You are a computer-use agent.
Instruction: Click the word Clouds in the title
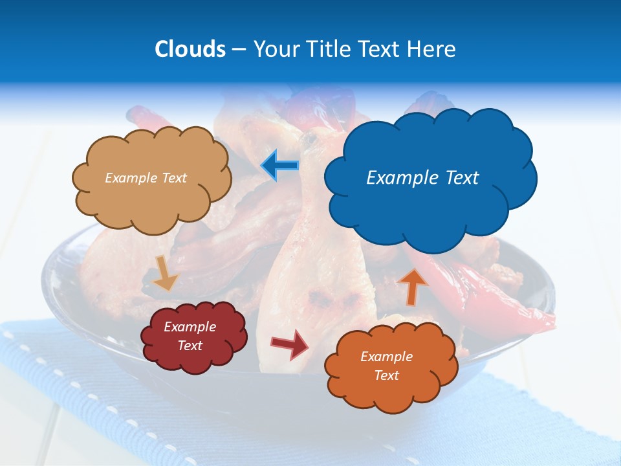[190, 49]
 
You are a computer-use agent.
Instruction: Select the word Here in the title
[433, 49]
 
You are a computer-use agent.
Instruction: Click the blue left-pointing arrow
[279, 166]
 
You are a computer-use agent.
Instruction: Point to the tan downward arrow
[165, 272]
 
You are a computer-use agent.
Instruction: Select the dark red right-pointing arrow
[290, 344]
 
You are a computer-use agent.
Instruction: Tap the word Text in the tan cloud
[174, 178]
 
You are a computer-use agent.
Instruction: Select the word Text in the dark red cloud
[190, 346]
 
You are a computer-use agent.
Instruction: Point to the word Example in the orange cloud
[386, 357]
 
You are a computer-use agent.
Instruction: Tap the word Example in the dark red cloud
[190, 327]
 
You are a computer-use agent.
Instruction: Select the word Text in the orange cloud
[386, 375]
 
